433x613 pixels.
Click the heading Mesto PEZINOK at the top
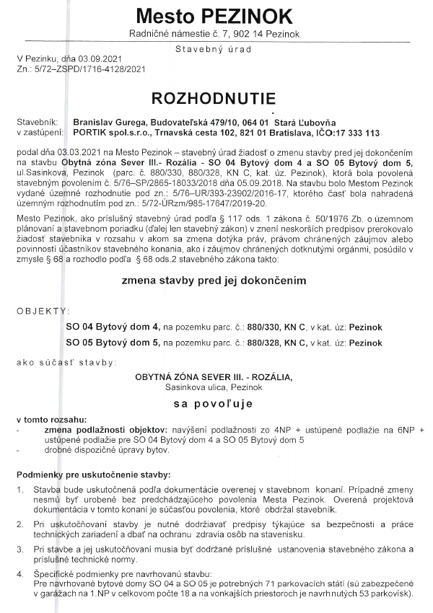point(216,16)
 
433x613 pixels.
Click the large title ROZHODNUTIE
point(216,97)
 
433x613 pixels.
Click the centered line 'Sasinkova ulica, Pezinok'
point(216,387)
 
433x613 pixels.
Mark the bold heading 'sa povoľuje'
point(216,404)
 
